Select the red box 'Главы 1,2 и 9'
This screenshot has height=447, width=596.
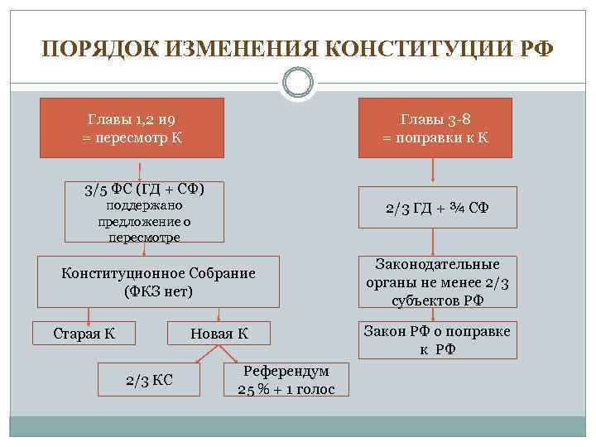pyautogui.click(x=132, y=127)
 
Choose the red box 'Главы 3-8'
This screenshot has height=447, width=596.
pyautogui.click(x=435, y=127)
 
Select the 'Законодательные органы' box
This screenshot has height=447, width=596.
pyautogui.click(x=437, y=282)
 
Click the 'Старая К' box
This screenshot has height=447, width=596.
pyautogui.click(x=84, y=334)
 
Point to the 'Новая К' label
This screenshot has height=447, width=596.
pyautogui.click(x=219, y=334)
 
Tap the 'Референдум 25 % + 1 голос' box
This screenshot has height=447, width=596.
pyautogui.click(x=286, y=380)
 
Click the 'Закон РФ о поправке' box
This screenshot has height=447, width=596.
pyautogui.click(x=437, y=340)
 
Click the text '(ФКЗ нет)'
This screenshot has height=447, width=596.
pyautogui.click(x=158, y=291)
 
